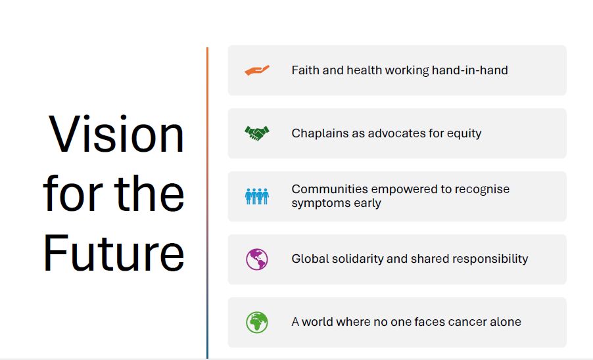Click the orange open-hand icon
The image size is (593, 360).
tap(257, 70)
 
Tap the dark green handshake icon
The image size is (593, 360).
tap(257, 133)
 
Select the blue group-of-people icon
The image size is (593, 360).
tap(257, 196)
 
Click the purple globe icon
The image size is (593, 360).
tap(257, 259)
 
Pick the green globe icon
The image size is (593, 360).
tap(257, 322)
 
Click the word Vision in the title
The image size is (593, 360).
tap(116, 134)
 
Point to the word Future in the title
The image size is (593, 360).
tap(114, 253)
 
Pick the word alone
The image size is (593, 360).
tap(506, 322)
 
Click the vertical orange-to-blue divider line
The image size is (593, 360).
tap(207, 203)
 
